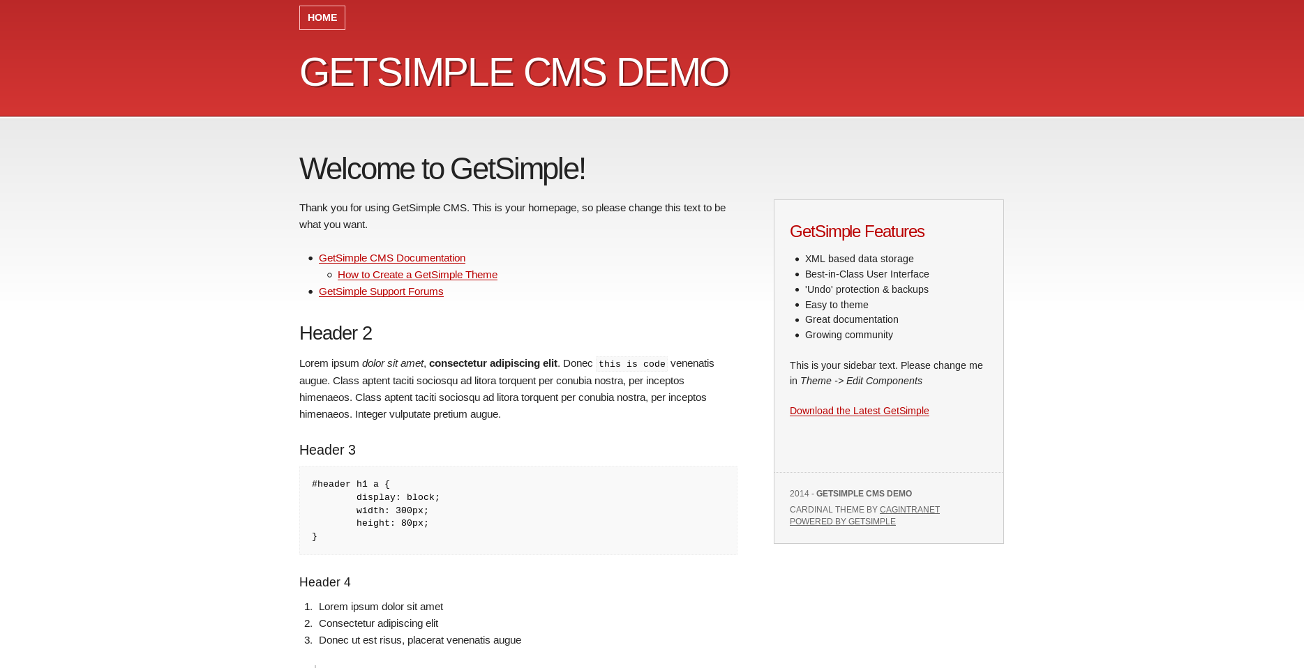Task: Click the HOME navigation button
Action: pos(322,17)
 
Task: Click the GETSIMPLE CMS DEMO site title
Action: pos(514,73)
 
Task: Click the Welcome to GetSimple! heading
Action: pos(442,169)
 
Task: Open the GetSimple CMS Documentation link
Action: pos(391,258)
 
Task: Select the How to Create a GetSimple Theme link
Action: pos(417,275)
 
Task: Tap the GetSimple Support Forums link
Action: pos(380,291)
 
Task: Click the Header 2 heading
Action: pos(336,333)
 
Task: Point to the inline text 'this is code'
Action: pos(631,364)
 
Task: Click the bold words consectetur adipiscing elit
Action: pos(493,363)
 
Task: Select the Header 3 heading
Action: pos(327,450)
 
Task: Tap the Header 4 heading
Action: pos(324,582)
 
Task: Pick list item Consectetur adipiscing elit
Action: pos(378,623)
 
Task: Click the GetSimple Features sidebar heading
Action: pos(857,231)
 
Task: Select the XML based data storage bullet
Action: pos(859,259)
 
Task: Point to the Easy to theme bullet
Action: pos(837,305)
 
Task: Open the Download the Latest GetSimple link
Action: pos(859,411)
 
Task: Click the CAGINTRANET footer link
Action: pos(909,510)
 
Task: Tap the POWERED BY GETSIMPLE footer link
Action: pos(842,522)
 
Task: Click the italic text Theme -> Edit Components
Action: pos(861,381)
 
